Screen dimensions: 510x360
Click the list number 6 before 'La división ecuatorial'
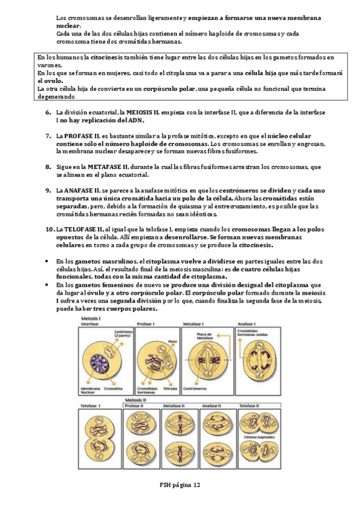[48, 112]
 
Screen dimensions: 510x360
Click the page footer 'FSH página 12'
[180, 485]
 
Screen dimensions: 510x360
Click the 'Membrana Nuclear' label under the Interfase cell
[91, 392]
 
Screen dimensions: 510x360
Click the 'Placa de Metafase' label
[206, 334]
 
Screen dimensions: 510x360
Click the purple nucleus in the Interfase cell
[97, 361]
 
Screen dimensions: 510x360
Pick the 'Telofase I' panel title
[91, 406]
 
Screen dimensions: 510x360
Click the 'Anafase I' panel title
[247, 324]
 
